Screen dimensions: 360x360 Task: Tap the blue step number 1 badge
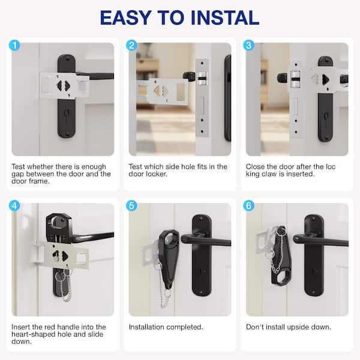point(14,45)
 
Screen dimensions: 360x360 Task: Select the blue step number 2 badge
point(131,45)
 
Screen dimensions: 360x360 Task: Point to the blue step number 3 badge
point(248,45)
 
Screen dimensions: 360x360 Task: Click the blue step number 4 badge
point(14,205)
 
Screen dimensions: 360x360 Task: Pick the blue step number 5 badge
point(131,205)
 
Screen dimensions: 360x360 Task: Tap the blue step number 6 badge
point(248,205)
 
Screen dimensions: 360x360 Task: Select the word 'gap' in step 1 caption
point(17,174)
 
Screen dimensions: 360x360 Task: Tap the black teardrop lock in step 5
point(169,258)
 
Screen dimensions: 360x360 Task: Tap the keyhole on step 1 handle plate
point(67,114)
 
